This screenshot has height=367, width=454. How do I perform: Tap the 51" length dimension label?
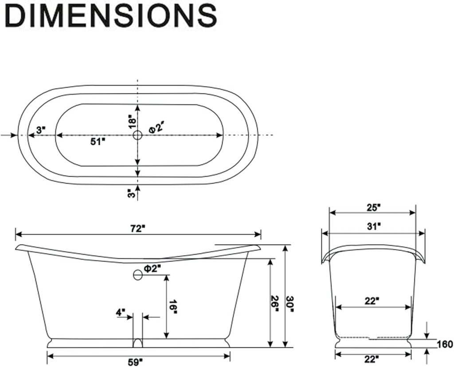(x=98, y=142)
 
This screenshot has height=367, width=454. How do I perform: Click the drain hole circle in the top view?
(x=138, y=135)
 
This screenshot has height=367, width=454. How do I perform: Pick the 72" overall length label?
(x=138, y=229)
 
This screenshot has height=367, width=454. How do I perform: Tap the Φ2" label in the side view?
(x=152, y=268)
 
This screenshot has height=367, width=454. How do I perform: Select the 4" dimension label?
(x=121, y=312)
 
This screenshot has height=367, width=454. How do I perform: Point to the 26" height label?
(x=276, y=304)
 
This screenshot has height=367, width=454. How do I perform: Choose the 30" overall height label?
(x=290, y=304)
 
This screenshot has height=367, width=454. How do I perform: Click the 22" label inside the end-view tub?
(x=372, y=301)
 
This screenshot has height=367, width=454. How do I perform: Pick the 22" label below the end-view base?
(x=372, y=359)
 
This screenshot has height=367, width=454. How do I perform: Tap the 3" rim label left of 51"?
(x=41, y=130)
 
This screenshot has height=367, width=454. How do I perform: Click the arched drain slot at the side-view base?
(x=138, y=343)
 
